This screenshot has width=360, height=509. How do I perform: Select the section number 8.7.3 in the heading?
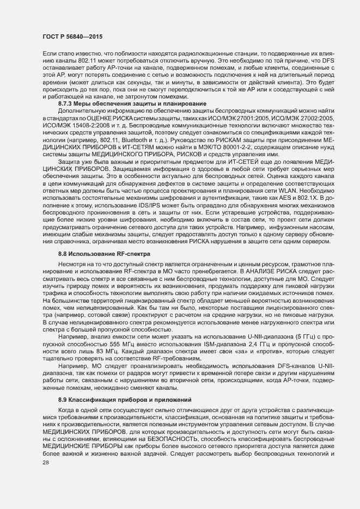pyautogui.click(x=66, y=103)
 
